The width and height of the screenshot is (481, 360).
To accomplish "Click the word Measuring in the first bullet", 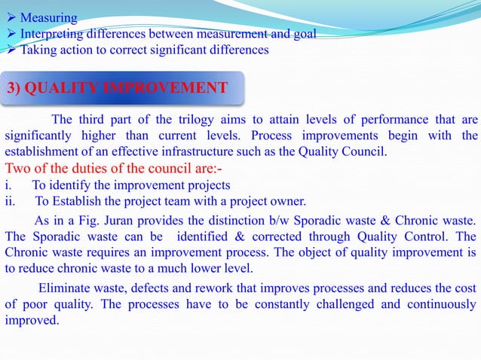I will point(48,17).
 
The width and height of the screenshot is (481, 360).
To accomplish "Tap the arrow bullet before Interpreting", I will point(11,34).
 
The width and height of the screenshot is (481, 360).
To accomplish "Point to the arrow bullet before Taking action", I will point(11,50).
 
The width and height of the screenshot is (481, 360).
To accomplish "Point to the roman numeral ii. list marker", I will point(10,200).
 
